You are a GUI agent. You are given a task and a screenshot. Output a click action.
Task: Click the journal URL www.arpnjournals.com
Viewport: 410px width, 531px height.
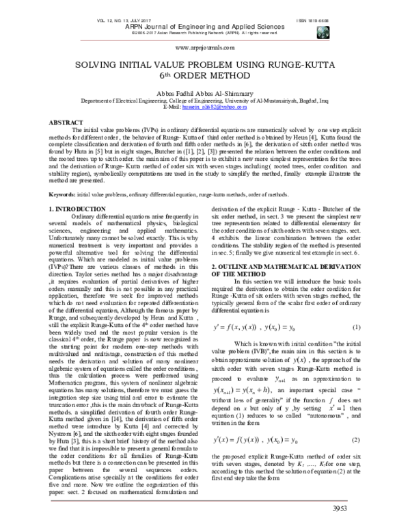tap(205, 49)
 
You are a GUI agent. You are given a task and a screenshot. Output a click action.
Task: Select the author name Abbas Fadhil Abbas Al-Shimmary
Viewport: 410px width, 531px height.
tap(205, 93)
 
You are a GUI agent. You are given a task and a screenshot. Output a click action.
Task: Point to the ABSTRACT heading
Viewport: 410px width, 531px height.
tap(64, 121)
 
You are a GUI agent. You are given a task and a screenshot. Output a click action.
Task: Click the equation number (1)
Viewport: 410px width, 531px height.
tap(356, 327)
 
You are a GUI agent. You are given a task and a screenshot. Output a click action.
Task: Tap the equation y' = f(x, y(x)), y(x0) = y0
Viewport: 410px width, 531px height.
tap(262, 327)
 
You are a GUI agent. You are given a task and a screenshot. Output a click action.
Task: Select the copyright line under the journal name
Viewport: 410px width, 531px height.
tap(205, 32)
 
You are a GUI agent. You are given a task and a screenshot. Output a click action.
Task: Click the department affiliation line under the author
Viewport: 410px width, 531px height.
tap(205, 101)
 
